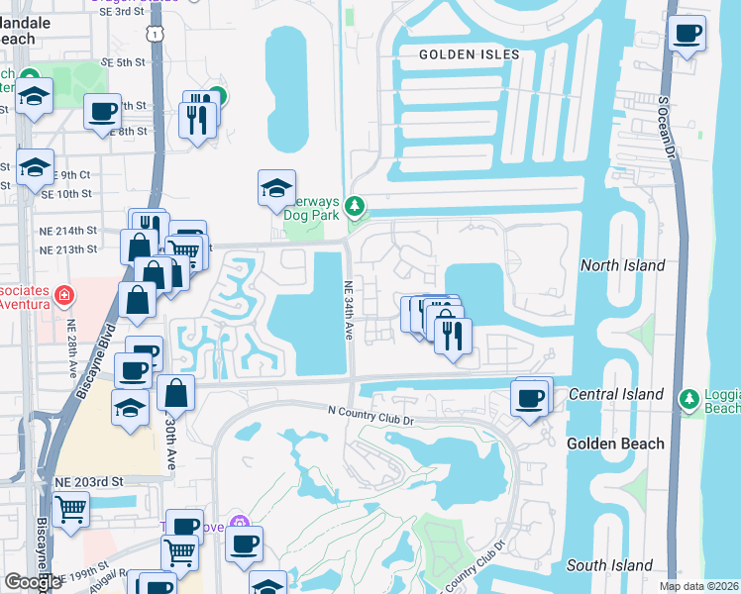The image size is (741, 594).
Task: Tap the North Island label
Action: pos(622,265)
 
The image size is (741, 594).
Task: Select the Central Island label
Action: pos(616,394)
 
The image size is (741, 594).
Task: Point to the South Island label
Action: pos(609,565)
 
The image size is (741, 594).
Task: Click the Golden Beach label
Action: pos(615,444)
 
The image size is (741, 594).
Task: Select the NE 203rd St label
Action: pos(88,481)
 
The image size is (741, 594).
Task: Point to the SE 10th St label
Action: pos(65,194)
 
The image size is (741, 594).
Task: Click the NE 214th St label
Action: pos(68,230)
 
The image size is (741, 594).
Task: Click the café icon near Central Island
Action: pos(530,399)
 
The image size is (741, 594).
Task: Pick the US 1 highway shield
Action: pos(154,36)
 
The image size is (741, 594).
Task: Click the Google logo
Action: pos(34,582)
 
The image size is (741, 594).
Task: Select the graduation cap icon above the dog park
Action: pos(276,186)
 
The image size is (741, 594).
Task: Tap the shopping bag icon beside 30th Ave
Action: pos(175,394)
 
